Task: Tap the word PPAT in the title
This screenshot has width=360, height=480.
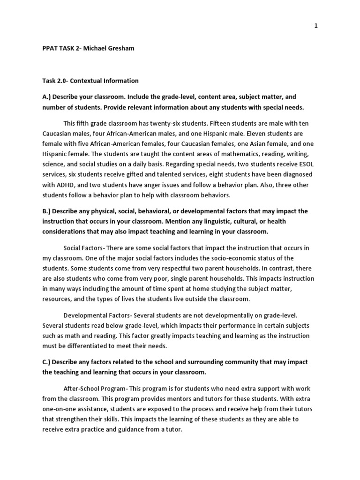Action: [50, 48]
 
